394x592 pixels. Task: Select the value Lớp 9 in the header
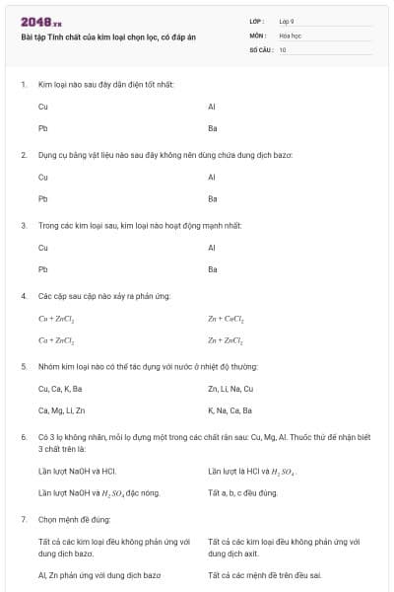pos(286,21)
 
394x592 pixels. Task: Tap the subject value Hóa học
pos(290,35)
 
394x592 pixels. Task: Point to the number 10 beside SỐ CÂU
pos(283,48)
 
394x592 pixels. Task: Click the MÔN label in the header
pos(257,35)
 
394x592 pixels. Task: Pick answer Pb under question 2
pos(42,198)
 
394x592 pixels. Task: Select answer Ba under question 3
pos(213,269)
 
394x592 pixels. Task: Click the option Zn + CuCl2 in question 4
pos(226,319)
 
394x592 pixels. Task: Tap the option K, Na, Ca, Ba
pos(230,410)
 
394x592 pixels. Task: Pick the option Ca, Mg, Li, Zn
pos(61,410)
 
